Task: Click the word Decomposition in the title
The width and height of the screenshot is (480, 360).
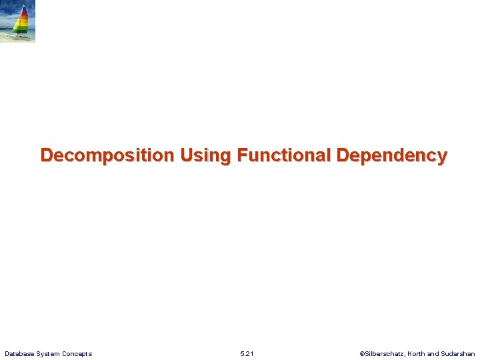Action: click(x=107, y=156)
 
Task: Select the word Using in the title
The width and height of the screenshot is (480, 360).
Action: click(x=205, y=156)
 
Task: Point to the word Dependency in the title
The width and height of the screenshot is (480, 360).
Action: click(x=392, y=156)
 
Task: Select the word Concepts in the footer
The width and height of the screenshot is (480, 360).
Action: click(x=77, y=353)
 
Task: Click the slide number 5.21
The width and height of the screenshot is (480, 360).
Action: click(x=247, y=353)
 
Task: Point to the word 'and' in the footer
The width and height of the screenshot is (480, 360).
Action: click(x=433, y=353)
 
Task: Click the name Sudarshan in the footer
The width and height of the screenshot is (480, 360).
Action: click(x=458, y=353)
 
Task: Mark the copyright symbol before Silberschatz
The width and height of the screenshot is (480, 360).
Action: click(x=362, y=353)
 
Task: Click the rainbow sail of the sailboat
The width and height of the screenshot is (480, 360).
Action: click(x=22, y=21)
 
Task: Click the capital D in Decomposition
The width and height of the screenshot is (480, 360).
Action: click(x=47, y=156)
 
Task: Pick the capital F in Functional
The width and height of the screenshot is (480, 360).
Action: click(x=242, y=156)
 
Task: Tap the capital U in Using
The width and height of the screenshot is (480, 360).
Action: click(x=186, y=156)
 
